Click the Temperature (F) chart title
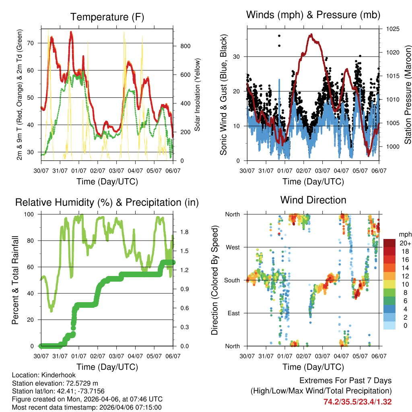click(x=107, y=17)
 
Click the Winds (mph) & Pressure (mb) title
click(x=313, y=15)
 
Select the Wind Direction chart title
click(x=313, y=200)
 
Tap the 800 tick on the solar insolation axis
click(x=185, y=46)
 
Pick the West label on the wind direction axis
click(x=232, y=247)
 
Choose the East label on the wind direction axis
click(x=233, y=313)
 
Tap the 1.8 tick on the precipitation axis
click(x=185, y=232)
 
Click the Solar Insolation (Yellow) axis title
click(x=198, y=95)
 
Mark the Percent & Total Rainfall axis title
click(x=15, y=280)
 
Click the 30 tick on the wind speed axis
click(x=237, y=57)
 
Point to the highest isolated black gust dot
click(x=279, y=36)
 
